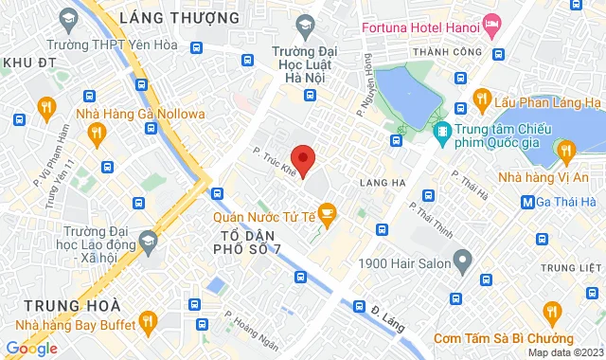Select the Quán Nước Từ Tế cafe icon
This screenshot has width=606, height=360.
point(328,213)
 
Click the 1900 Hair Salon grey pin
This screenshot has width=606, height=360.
point(462,259)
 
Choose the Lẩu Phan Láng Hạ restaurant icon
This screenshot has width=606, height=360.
point(481,99)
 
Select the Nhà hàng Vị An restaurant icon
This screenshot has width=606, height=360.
point(566,150)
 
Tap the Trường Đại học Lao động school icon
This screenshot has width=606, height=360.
point(147,243)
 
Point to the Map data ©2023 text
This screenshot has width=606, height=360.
point(566,353)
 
